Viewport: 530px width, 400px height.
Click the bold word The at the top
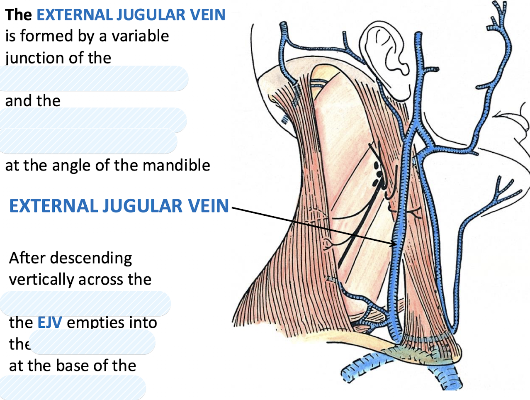[x=18, y=15]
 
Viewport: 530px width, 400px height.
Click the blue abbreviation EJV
[x=50, y=322]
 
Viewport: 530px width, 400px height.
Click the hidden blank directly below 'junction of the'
[x=94, y=78]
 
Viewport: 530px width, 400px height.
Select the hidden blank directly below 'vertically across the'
[x=85, y=303]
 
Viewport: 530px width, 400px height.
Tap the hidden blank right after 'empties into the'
[x=92, y=343]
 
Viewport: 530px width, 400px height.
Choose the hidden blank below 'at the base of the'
[x=73, y=387]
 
